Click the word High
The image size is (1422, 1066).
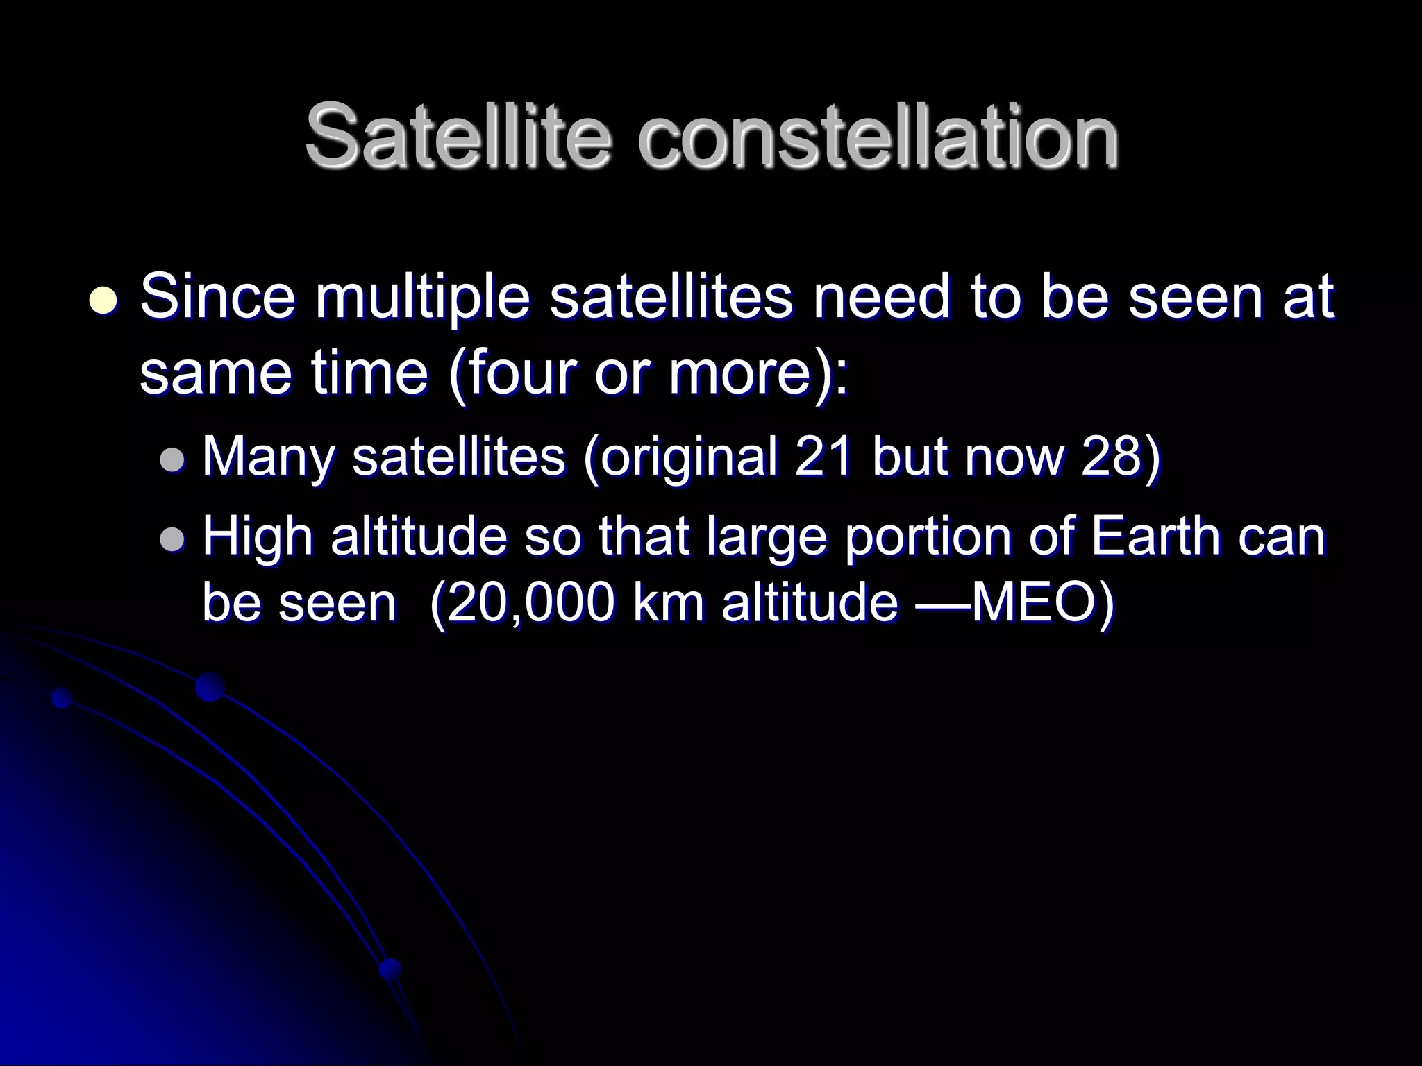[257, 538]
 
